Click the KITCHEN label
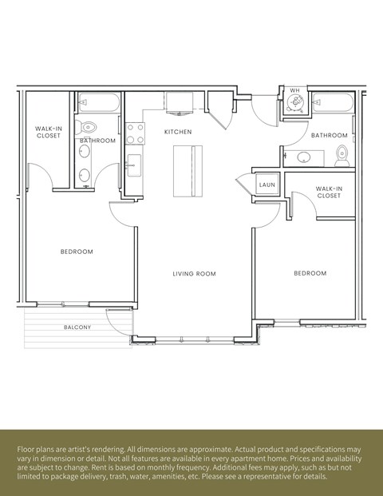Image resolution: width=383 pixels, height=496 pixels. click(179, 131)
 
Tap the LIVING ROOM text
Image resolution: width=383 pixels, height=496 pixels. click(195, 274)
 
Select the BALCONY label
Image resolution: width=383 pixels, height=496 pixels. click(77, 327)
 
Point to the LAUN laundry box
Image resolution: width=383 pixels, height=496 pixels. click(267, 185)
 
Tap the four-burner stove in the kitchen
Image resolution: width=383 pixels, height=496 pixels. click(134, 132)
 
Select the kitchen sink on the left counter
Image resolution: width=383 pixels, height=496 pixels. click(132, 166)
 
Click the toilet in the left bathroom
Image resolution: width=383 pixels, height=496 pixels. click(88, 125)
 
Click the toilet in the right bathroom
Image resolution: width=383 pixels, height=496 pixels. click(342, 154)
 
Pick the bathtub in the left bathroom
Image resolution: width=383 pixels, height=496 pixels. click(98, 103)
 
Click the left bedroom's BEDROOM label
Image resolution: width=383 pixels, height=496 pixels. click(77, 252)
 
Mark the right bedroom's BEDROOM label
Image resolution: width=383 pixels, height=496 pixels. click(310, 273)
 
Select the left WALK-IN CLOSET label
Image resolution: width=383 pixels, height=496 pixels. click(49, 132)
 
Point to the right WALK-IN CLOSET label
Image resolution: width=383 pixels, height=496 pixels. click(329, 192)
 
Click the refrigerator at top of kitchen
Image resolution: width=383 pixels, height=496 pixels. click(180, 103)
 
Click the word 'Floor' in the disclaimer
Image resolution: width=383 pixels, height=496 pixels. click(28, 450)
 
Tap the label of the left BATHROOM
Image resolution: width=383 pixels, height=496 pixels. click(98, 141)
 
